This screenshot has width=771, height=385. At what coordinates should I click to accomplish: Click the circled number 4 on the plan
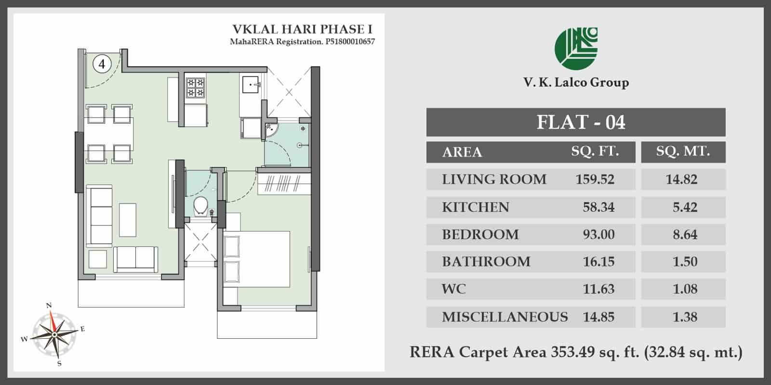point(102,64)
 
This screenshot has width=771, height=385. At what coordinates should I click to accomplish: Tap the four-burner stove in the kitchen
point(195,87)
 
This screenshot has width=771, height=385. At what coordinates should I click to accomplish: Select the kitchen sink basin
point(251,85)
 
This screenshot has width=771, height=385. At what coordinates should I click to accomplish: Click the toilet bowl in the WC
point(200,206)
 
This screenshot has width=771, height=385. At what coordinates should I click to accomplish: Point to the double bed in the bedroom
point(256,259)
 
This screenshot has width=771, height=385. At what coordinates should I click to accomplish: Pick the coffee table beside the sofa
point(127,220)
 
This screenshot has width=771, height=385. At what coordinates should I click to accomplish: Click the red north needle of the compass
point(52,322)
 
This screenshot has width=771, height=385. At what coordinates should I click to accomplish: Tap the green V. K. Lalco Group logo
point(576,49)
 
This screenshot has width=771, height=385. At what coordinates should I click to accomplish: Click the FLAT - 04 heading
point(581,122)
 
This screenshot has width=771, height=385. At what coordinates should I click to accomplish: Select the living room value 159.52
point(595,180)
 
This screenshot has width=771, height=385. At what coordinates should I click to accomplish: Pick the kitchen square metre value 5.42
point(685,207)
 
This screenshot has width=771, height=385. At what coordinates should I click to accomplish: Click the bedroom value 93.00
point(598,234)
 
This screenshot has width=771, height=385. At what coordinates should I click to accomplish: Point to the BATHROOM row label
point(486,262)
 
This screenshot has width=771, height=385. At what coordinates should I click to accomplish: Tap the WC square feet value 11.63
point(598,289)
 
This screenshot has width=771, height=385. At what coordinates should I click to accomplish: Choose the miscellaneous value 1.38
point(685,317)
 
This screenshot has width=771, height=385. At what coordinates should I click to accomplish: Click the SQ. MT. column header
point(683,151)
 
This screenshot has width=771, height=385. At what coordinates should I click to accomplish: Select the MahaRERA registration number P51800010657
point(350,42)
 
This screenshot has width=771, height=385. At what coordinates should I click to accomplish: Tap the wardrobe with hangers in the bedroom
point(284,183)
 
